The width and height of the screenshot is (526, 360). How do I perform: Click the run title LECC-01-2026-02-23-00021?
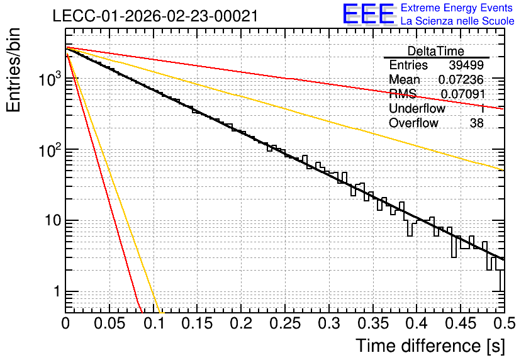155,16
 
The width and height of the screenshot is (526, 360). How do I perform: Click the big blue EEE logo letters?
369,14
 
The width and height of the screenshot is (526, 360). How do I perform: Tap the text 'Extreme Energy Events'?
457,8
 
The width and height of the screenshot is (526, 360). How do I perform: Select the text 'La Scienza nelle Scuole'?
457,21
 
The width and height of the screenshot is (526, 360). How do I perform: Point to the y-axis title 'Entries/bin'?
13,70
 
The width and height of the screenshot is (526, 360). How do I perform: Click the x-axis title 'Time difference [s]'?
430,346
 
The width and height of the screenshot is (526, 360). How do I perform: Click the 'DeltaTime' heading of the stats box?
436,51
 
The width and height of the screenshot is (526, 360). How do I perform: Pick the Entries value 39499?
466,65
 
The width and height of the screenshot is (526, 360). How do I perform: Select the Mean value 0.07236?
461,79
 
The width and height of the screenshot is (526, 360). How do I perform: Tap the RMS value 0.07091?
462,94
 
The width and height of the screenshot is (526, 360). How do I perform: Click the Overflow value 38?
477,123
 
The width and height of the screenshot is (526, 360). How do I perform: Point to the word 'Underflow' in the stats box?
417,108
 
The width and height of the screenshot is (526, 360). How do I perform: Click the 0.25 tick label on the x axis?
285,323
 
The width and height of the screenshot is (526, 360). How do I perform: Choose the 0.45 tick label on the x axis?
461,323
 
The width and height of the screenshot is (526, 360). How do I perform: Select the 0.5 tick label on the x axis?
504,323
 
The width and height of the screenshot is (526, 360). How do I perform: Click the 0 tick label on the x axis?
65,323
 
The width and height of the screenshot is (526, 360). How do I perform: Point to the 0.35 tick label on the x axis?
373,323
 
